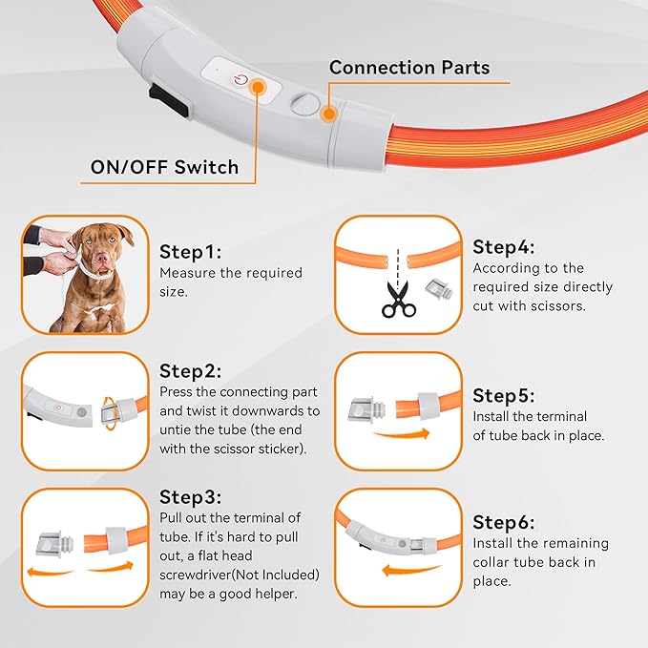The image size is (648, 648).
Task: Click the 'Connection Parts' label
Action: [409, 68]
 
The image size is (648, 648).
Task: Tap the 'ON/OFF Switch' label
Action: [164, 167]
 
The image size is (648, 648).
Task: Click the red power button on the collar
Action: [240, 81]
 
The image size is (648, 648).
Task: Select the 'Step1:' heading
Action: [190, 252]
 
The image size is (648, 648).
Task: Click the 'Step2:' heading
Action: [190, 370]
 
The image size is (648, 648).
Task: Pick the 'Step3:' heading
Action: [190, 496]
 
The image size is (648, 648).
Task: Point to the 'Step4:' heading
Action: [504, 247]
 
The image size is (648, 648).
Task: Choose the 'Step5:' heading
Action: [504, 395]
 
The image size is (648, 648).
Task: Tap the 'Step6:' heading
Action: [504, 522]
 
